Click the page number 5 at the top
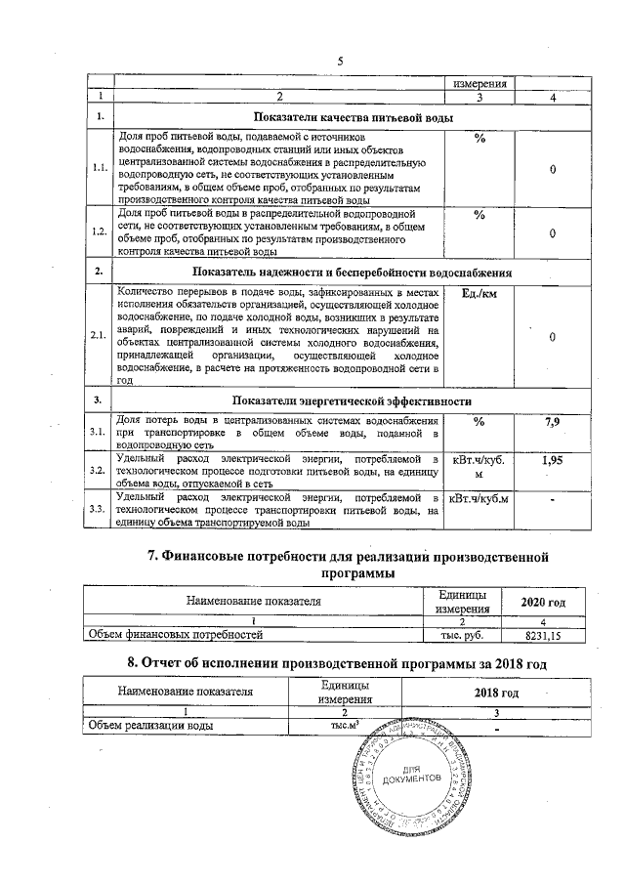click(x=341, y=62)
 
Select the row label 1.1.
click(x=98, y=168)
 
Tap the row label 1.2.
click(x=98, y=232)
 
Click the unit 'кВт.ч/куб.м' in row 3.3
click(x=479, y=500)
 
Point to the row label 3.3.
click(x=98, y=509)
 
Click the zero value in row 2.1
click(x=553, y=336)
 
